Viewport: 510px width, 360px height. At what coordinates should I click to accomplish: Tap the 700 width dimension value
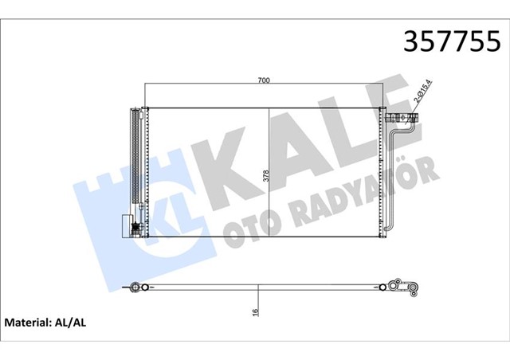click(x=264, y=80)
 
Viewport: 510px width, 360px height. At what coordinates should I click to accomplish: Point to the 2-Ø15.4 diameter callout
click(x=422, y=95)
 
